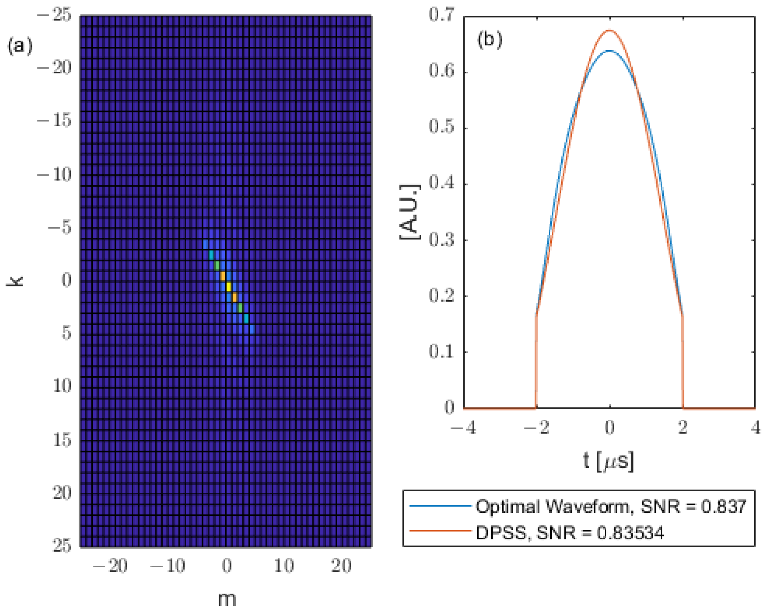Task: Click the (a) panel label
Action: tap(20, 46)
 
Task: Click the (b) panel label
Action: tap(490, 40)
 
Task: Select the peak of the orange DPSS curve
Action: tap(609, 30)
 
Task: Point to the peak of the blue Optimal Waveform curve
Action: tap(609, 51)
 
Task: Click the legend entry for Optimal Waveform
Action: tap(611, 506)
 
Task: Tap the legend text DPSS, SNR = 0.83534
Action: tap(570, 533)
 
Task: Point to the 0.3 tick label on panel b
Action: tap(441, 240)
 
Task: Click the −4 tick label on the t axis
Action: tap(463, 428)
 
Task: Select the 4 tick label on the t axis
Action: tap(755, 428)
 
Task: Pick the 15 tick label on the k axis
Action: tap(62, 439)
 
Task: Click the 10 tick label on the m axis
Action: tap(284, 566)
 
